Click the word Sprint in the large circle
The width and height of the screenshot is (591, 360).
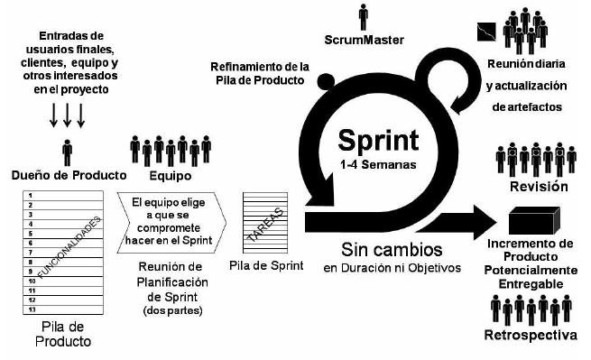(378, 141)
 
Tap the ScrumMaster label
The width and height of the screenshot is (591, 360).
(365, 40)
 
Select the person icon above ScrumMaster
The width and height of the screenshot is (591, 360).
(364, 17)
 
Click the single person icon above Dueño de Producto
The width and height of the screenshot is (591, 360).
(68, 152)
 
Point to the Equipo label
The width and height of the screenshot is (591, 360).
(171, 176)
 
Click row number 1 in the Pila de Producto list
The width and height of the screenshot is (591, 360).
(31, 196)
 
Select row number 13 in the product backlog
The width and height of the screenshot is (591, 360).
(32, 309)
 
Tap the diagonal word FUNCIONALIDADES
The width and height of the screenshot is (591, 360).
(69, 247)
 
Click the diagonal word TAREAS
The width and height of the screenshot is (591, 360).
(265, 225)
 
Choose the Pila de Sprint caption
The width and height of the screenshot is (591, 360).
(266, 265)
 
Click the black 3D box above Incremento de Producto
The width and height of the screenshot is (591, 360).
(534, 221)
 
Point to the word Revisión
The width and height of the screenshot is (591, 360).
(539, 186)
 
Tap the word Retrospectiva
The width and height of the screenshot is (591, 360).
(531, 335)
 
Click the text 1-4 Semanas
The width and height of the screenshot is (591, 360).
(378, 165)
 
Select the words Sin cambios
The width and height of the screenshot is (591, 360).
(392, 250)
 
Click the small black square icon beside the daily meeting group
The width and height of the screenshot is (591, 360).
(486, 32)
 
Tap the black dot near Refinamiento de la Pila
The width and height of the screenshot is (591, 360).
(326, 82)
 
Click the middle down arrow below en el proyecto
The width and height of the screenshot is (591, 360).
(67, 115)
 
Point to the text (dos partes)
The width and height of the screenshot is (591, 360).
(172, 310)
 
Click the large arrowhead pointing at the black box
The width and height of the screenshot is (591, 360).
(485, 223)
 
